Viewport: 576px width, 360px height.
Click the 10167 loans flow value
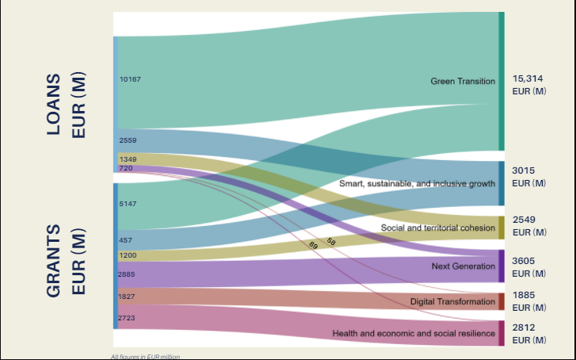[130, 79]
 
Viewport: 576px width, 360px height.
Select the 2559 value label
[128, 140]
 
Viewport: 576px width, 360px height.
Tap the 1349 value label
[128, 159]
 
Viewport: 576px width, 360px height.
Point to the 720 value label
[126, 168]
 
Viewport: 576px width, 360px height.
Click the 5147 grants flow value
[128, 204]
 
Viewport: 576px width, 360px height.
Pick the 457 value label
[126, 239]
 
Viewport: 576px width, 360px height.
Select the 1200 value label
[128, 255]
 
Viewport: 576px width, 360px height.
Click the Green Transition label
[463, 81]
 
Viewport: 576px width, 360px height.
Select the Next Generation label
[463, 266]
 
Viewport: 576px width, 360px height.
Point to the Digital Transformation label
[452, 302]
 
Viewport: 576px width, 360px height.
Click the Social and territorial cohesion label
[437, 228]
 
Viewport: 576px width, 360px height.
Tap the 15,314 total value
[528, 79]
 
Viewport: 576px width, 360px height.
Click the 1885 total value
[524, 295]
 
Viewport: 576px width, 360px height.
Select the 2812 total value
[524, 327]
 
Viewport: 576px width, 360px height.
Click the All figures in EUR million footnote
[145, 356]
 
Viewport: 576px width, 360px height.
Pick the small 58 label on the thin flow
[331, 240]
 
